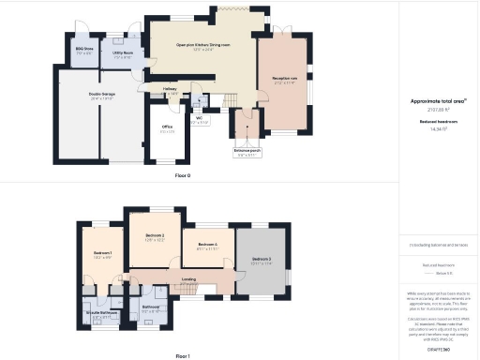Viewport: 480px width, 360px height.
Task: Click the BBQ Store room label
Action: coord(83,52)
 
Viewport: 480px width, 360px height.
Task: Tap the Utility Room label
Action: coord(123,53)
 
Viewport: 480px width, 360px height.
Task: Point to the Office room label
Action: coord(167,127)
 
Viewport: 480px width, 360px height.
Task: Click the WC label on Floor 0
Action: coord(200,119)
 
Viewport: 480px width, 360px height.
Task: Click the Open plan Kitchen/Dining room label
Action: coord(202,44)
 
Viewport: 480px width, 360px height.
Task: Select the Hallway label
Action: coord(170,89)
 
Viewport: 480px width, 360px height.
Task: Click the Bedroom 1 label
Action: coord(103,254)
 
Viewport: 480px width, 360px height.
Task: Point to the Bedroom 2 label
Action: coord(155,235)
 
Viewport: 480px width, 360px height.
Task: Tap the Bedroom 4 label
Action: coord(208,245)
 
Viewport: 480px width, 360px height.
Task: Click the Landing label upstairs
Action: coord(188,278)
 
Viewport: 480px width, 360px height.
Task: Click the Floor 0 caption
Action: coord(183,175)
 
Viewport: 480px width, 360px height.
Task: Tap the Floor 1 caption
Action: coord(183,356)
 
